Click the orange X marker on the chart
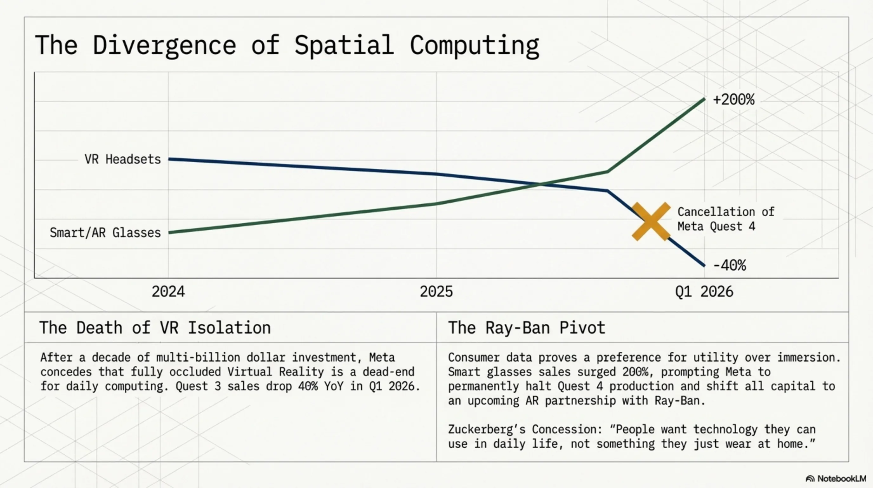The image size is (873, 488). pos(651,222)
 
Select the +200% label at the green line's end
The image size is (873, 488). pos(734,100)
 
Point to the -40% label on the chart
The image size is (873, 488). pos(730,265)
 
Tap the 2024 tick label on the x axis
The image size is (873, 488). pos(168,292)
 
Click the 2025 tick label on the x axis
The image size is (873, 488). pos(436,292)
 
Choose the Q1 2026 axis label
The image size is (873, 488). pos(704,292)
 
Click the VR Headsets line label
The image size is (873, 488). pos(123,159)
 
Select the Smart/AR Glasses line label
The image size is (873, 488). pos(105,233)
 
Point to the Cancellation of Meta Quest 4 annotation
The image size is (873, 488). pos(725,219)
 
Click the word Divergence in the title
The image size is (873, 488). pos(164,45)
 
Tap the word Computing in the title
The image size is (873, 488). pos(475,45)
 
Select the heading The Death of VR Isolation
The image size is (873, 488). pos(155,328)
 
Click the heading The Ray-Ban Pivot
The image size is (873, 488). pos(527,328)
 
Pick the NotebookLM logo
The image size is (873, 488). pos(836,478)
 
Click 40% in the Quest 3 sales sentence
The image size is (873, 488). pos(308,386)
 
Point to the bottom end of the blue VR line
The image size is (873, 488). pos(704,266)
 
